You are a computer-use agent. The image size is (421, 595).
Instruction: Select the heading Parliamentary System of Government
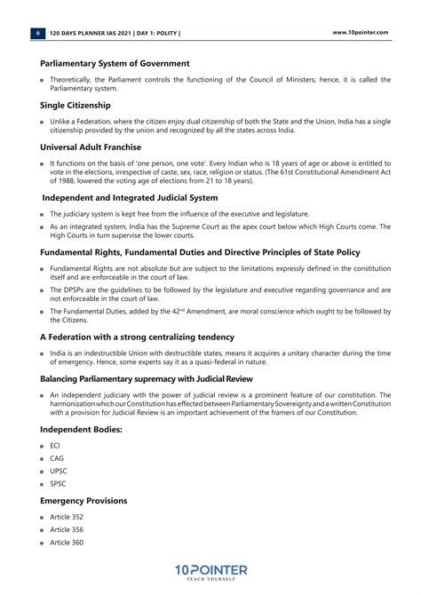[115, 64]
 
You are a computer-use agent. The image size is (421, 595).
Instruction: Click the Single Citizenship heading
[75, 105]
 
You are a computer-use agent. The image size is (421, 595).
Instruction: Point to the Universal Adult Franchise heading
[91, 147]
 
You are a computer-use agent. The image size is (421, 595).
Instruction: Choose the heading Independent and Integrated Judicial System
[130, 197]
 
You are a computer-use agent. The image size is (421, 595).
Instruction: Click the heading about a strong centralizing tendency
[137, 337]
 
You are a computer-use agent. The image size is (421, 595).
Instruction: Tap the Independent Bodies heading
[81, 429]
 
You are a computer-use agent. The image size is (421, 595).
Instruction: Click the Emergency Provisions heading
[83, 501]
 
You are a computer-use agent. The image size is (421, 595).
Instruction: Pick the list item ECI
[55, 445]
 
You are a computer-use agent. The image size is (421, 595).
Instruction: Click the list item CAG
[57, 458]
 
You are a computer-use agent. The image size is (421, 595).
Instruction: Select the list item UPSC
[59, 471]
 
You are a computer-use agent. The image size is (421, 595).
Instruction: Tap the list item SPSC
[58, 484]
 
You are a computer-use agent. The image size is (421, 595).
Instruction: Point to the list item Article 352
[67, 517]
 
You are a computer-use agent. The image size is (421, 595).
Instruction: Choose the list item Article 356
[67, 529]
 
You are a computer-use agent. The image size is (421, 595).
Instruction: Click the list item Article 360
[67, 543]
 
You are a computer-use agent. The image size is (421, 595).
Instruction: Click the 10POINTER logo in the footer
[210, 572]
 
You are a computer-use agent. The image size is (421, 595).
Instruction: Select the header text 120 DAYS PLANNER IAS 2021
[91, 33]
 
